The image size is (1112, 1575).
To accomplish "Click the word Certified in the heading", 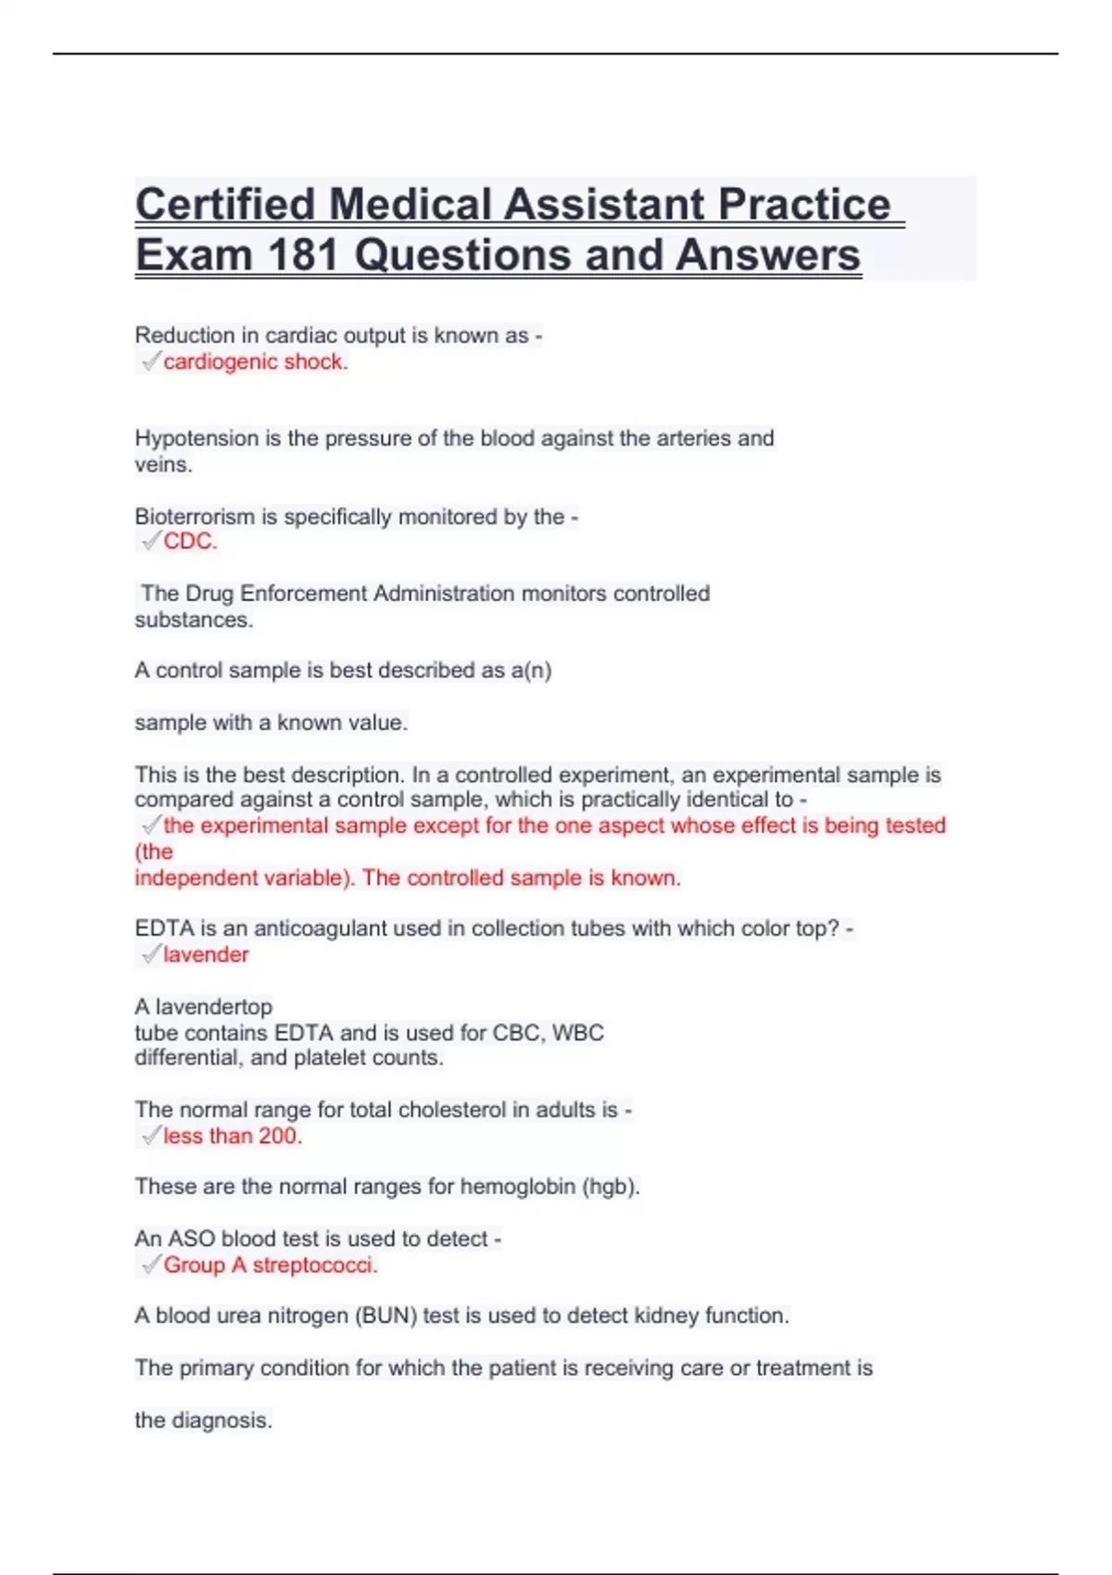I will click(225, 205).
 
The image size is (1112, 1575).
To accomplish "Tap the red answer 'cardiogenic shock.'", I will click(256, 362).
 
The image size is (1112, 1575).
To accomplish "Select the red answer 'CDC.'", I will click(190, 542).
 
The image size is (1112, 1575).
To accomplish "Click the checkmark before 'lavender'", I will click(150, 954).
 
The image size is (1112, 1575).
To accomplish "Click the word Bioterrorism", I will click(195, 517).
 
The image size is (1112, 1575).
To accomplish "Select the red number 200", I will click(280, 1136).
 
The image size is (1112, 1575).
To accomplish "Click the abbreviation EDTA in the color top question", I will click(163, 928).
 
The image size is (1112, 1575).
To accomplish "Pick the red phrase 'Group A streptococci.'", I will click(271, 1266).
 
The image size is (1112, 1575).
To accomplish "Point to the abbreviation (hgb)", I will click(611, 1187).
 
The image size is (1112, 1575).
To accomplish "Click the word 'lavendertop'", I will click(214, 1007).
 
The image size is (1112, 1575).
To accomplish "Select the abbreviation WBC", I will click(578, 1033).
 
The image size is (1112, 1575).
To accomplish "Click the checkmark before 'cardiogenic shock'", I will click(150, 361).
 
